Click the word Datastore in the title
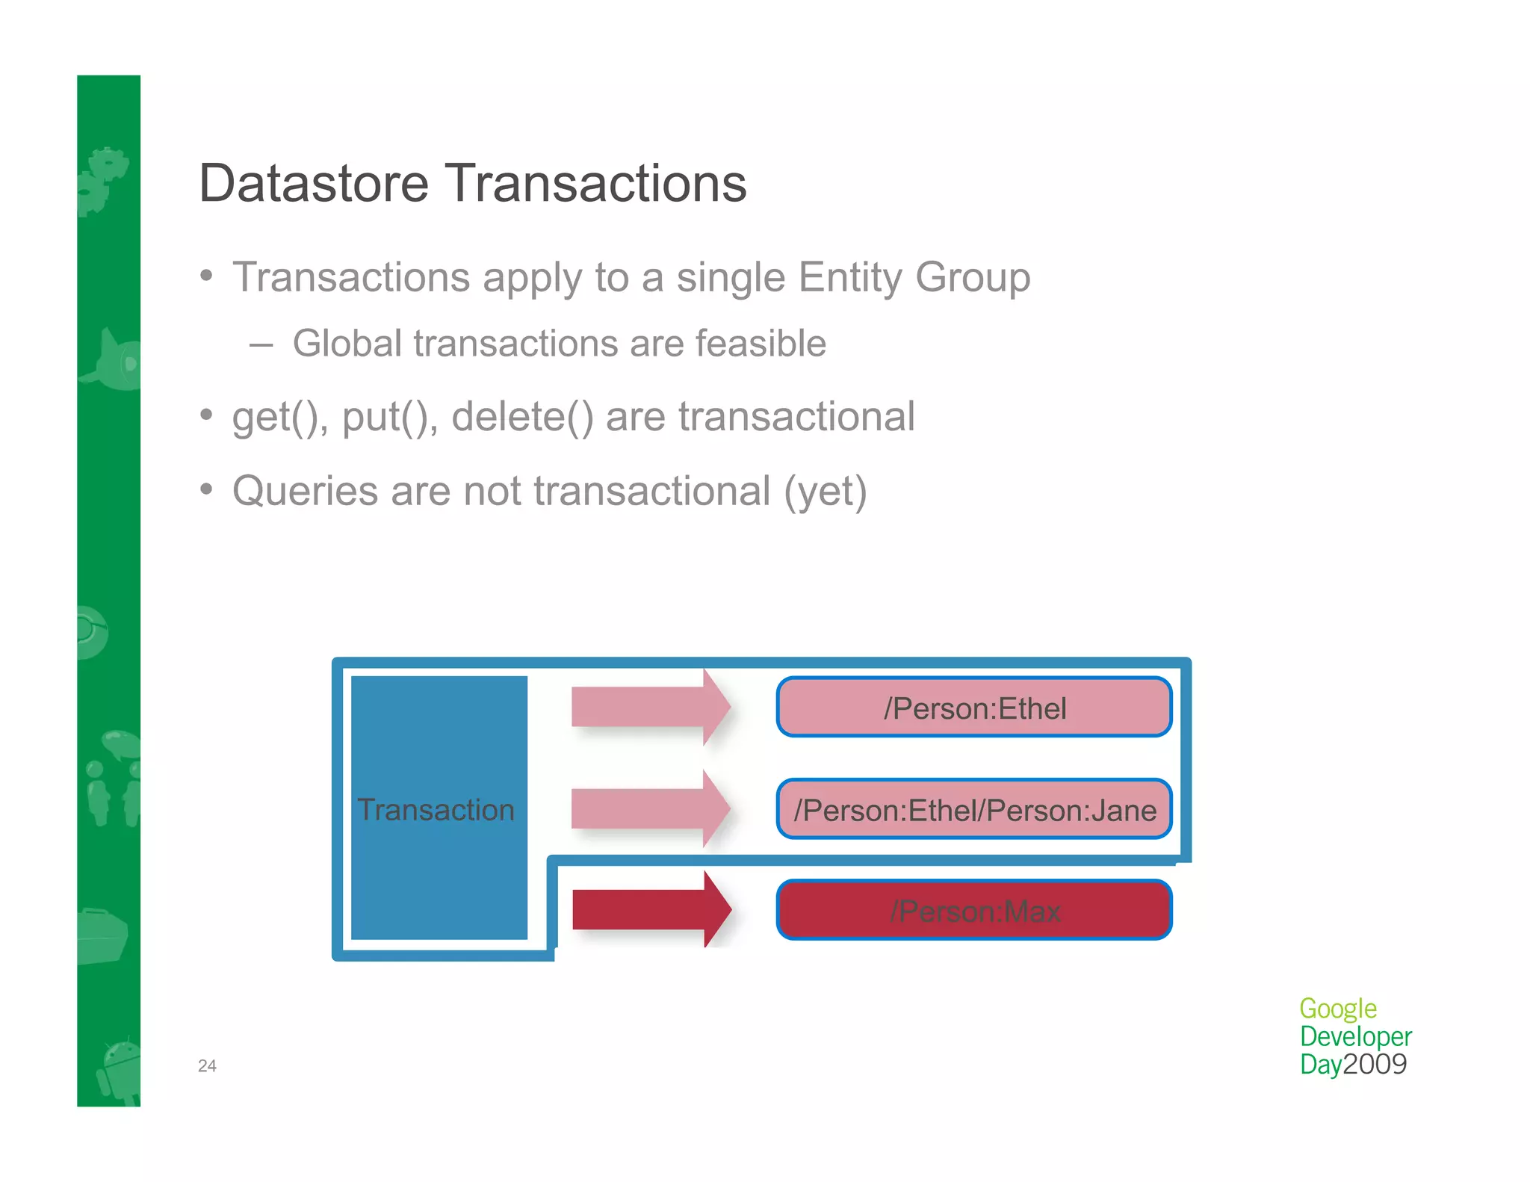(314, 184)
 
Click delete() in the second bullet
(522, 417)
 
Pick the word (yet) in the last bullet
(825, 492)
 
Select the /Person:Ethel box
(974, 708)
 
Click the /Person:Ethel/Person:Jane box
(974, 810)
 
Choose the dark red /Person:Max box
(974, 911)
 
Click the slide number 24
(207, 1066)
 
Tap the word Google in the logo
(1337, 1009)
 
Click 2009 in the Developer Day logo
(1375, 1064)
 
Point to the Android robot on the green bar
(120, 1068)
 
